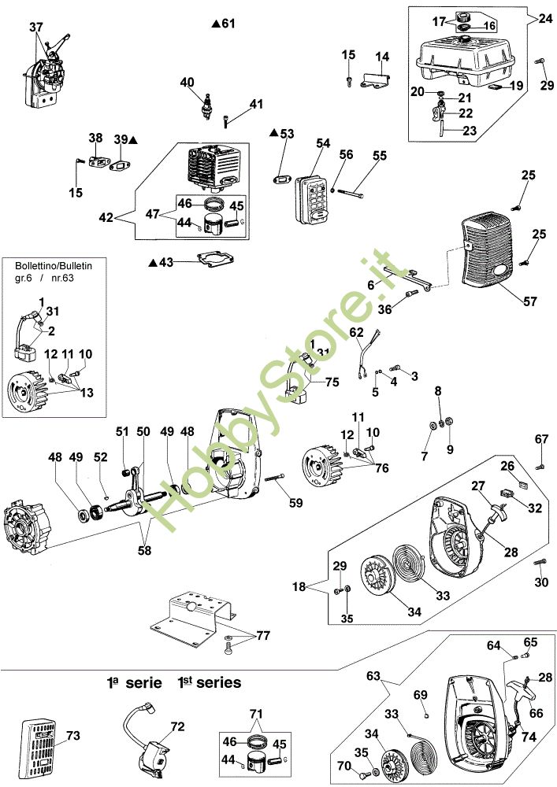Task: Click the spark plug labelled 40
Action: (x=206, y=105)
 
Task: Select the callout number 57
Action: (x=530, y=301)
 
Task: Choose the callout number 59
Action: (x=295, y=502)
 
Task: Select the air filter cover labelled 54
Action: (x=313, y=199)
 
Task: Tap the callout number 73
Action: (x=73, y=735)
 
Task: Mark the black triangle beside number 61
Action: (x=215, y=23)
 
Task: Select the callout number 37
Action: (x=36, y=27)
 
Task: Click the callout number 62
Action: (x=356, y=332)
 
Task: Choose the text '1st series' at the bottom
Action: (x=209, y=682)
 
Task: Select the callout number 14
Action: (x=382, y=57)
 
